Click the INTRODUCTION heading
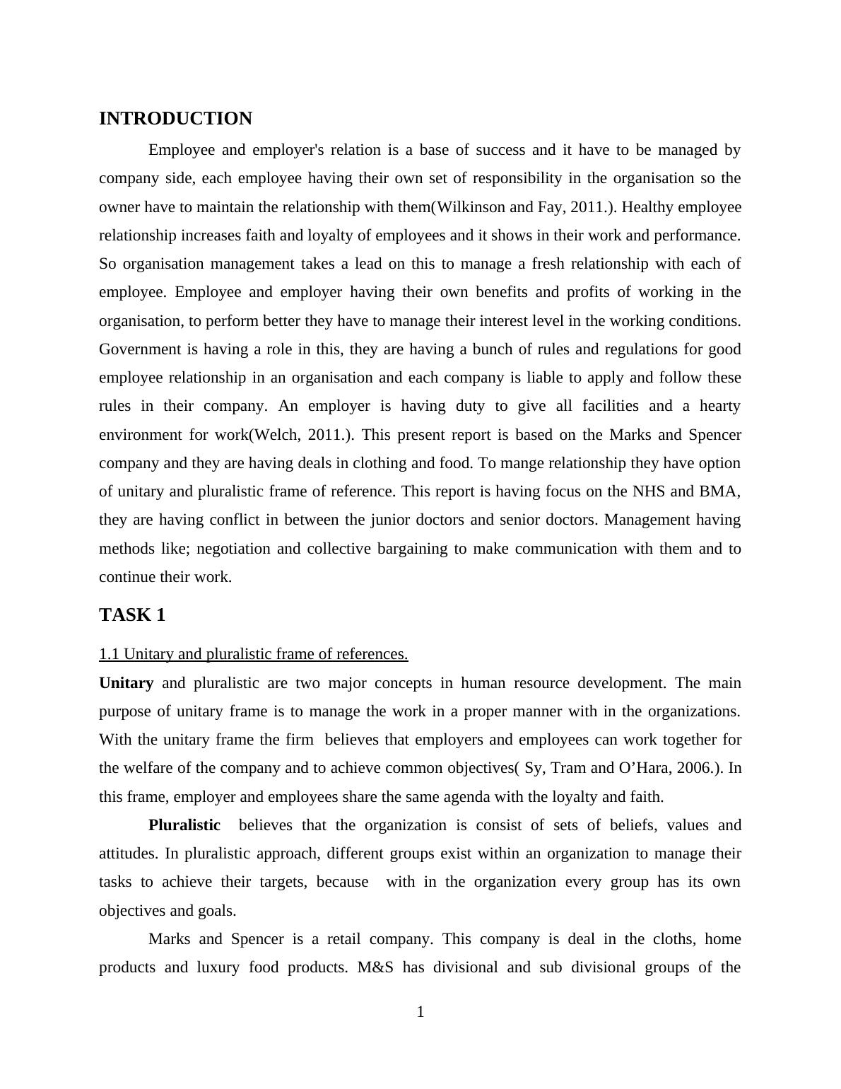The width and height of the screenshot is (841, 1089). [175, 119]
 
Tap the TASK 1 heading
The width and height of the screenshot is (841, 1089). [132, 615]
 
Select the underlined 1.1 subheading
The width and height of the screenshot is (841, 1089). [253, 654]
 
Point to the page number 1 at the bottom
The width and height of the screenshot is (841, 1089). [420, 1013]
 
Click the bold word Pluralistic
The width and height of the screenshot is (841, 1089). [184, 825]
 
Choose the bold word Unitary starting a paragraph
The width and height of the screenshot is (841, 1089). [126, 683]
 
